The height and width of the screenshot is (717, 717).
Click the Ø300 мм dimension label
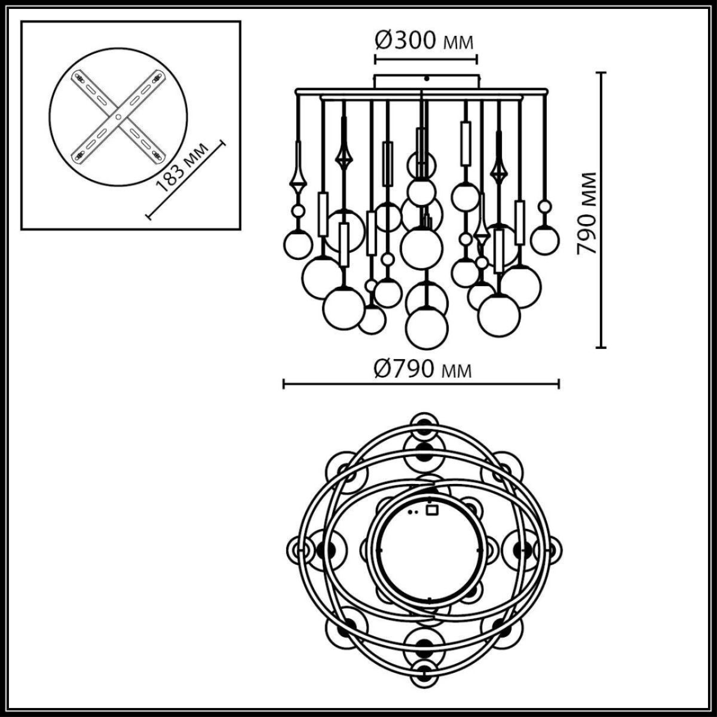[424, 41]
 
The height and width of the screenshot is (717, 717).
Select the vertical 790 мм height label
[588, 213]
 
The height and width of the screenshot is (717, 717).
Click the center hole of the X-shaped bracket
[118, 118]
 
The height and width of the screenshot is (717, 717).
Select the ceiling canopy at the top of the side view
[426, 81]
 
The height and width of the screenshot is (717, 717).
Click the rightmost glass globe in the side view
[544, 239]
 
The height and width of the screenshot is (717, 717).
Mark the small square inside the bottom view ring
[431, 510]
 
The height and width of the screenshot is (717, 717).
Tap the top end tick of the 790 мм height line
[602, 73]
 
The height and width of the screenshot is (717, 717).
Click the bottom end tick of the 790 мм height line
[602, 347]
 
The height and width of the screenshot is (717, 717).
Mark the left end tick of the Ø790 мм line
[284, 384]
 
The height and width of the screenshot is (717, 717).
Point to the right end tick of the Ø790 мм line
[559, 384]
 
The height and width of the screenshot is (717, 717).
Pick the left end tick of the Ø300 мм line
[375, 59]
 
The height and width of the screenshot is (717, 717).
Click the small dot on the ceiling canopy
[426, 78]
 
